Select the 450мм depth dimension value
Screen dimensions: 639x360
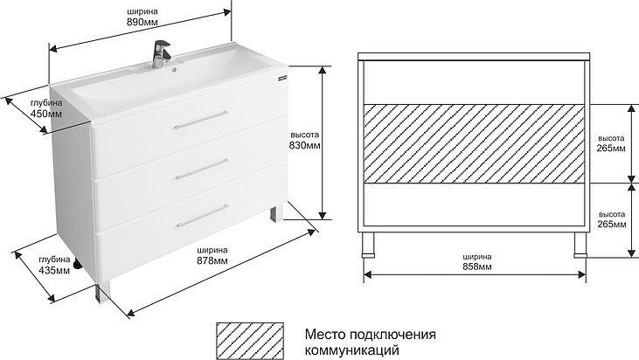(46, 114)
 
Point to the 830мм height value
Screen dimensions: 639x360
(305, 146)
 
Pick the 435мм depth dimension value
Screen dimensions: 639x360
(54, 271)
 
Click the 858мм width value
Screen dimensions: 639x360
(476, 266)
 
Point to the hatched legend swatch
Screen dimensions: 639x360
(252, 342)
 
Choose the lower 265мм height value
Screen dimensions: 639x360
(611, 225)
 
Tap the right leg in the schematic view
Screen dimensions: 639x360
(580, 246)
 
